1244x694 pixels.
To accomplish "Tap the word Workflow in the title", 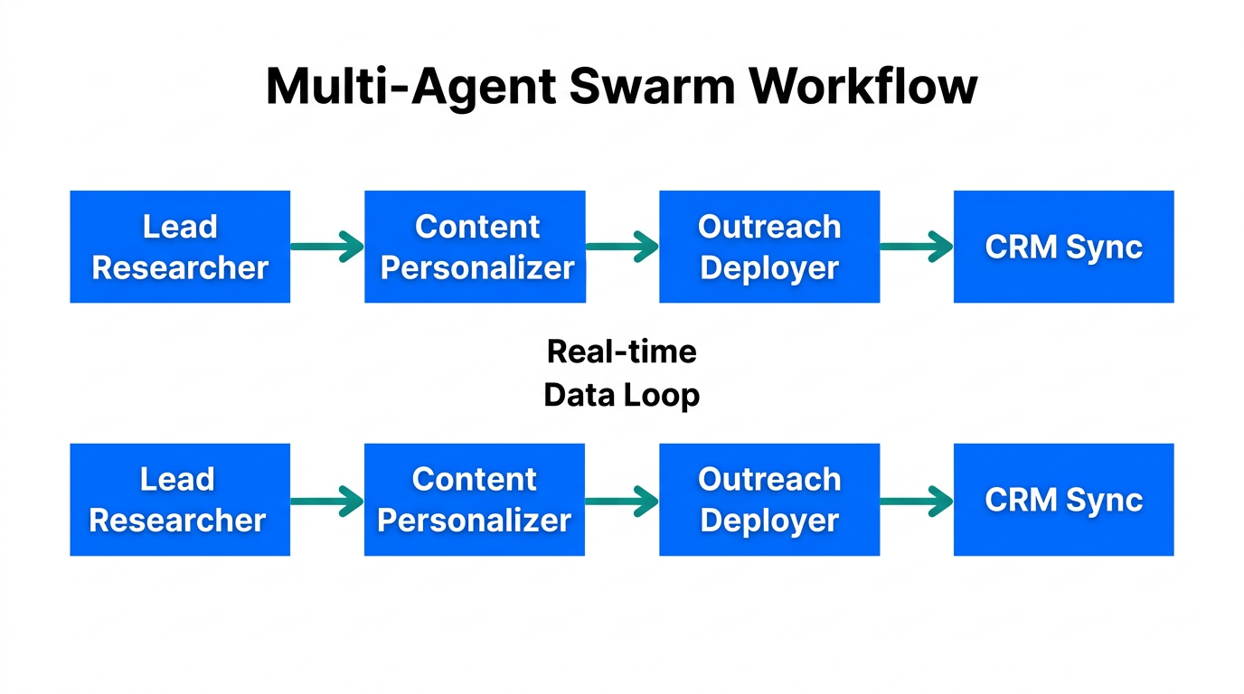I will point(864,88).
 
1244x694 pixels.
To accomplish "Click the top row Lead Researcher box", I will point(180,247).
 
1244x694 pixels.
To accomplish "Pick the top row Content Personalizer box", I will point(475,247).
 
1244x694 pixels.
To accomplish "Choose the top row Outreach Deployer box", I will point(769,247).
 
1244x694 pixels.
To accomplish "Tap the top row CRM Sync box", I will point(1063,247).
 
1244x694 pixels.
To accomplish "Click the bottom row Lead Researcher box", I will point(180,500).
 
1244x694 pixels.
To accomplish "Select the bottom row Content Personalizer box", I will point(475,500).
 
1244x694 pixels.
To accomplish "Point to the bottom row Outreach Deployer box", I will point(769,500).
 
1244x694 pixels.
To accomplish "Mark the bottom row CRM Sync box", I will point(1063,500).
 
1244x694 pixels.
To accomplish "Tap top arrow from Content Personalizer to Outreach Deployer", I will point(622,246).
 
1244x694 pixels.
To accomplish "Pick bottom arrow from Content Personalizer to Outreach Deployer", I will point(622,500).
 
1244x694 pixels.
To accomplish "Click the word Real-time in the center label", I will point(622,351).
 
